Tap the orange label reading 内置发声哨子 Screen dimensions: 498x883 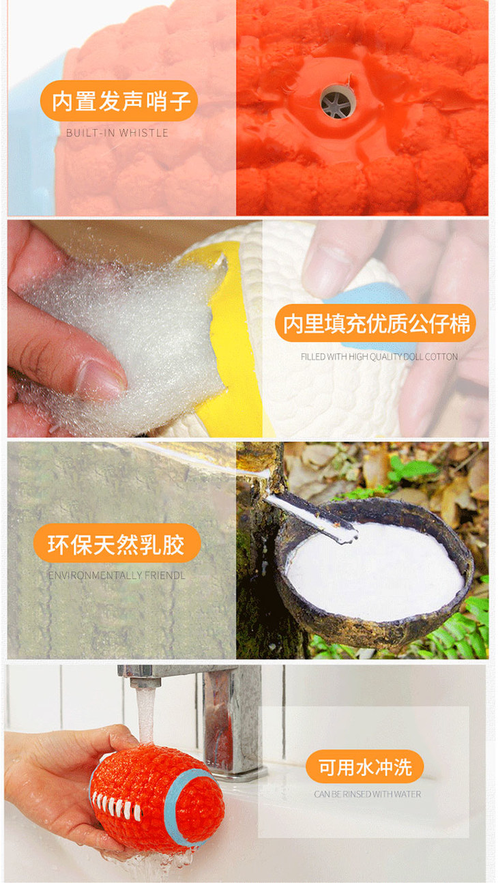(x=119, y=101)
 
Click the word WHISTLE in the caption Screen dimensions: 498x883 (x=144, y=133)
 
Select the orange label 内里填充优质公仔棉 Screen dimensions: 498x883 (x=375, y=323)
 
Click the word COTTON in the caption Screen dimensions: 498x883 (x=441, y=357)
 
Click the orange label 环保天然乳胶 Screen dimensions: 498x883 (x=117, y=544)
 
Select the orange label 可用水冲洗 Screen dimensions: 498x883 (x=365, y=767)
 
